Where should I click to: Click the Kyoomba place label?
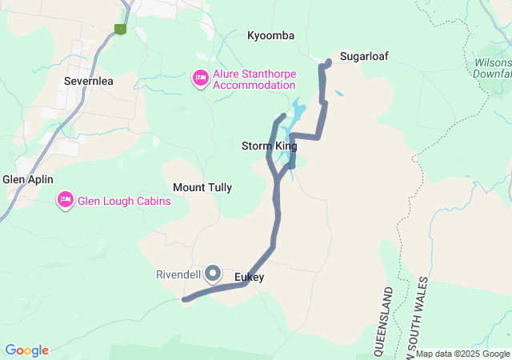271,36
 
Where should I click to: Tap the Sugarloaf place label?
364,56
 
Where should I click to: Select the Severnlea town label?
88,81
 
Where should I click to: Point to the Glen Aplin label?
28,179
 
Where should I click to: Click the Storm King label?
269,146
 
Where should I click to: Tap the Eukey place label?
250,278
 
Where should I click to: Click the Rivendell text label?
178,274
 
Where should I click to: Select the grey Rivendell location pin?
213,274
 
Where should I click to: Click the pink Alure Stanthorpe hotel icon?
201,78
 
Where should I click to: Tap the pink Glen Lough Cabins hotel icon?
66,200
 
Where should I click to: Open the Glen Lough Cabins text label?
124,201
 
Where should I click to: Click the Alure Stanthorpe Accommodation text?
254,79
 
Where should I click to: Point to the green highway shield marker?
121,30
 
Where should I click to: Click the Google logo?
26,350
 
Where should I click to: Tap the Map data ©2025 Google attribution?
462,354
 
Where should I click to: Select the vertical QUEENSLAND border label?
388,320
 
